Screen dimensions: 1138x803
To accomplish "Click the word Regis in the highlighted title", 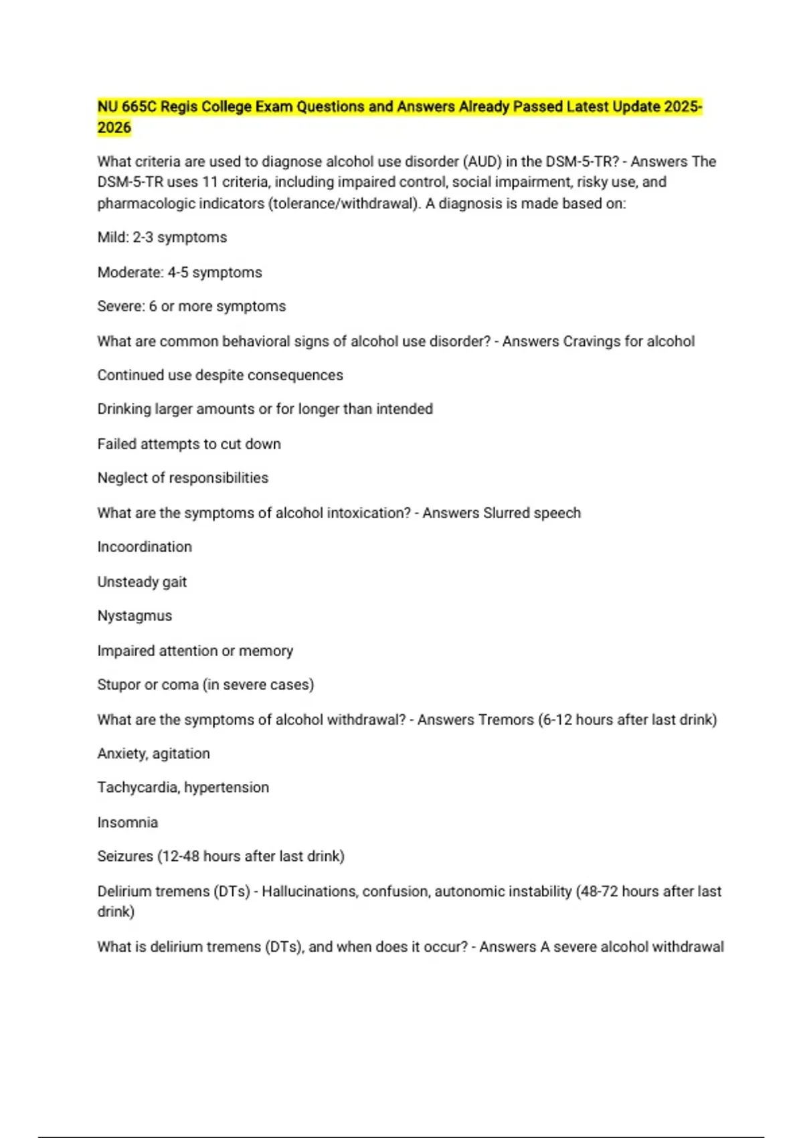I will [x=179, y=107].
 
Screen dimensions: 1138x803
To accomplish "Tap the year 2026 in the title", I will [x=114, y=128].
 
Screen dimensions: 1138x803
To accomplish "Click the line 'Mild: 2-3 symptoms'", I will [x=162, y=238].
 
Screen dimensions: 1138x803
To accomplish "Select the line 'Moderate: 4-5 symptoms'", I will [x=179, y=272].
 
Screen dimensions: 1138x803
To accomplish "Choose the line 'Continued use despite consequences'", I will [x=220, y=376].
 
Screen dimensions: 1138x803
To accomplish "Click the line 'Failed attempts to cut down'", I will [x=189, y=444].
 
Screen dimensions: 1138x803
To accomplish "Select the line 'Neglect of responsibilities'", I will [x=183, y=478].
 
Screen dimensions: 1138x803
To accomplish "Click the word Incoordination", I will [x=145, y=547].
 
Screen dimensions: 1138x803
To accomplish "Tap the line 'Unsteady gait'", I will [x=142, y=582].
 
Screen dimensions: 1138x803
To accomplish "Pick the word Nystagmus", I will [x=135, y=616].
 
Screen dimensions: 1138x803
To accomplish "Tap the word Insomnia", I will [x=127, y=823].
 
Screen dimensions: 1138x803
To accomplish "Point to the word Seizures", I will [x=124, y=856].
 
